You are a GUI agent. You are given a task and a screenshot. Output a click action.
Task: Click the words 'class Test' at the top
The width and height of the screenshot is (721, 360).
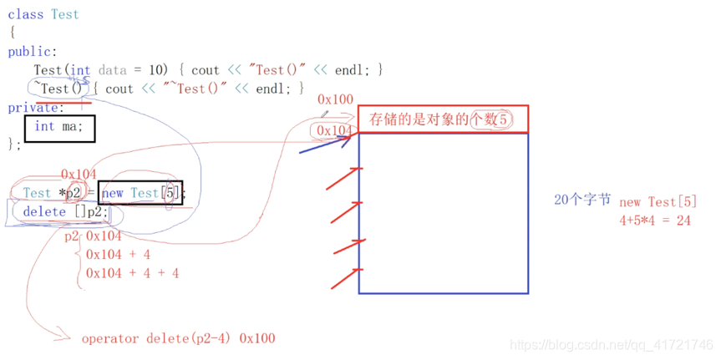point(43,14)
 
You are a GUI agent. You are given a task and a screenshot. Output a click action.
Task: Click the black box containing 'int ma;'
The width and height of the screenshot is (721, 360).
point(60,127)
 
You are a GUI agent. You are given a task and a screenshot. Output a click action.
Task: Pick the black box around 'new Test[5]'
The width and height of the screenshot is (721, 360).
point(140,194)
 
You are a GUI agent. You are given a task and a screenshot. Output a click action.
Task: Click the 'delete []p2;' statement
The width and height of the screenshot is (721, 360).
point(65,212)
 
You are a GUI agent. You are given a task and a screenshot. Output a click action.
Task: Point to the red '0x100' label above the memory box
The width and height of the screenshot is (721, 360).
point(335,99)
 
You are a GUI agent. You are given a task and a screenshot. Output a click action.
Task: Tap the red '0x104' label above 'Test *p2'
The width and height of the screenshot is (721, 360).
point(80,174)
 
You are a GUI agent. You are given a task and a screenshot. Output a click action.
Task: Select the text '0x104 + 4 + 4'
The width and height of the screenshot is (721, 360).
point(132,273)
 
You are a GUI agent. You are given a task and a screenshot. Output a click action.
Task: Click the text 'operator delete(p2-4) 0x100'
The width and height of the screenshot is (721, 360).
point(178,338)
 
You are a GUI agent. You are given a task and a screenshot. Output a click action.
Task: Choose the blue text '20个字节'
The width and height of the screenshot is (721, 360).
point(581,200)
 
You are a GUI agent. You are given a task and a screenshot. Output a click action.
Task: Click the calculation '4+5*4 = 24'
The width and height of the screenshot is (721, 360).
point(654,221)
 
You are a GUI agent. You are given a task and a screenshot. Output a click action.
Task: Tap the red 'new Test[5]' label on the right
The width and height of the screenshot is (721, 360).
point(658,202)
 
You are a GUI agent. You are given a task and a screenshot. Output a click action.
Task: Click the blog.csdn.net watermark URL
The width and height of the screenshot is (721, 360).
point(612,345)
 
